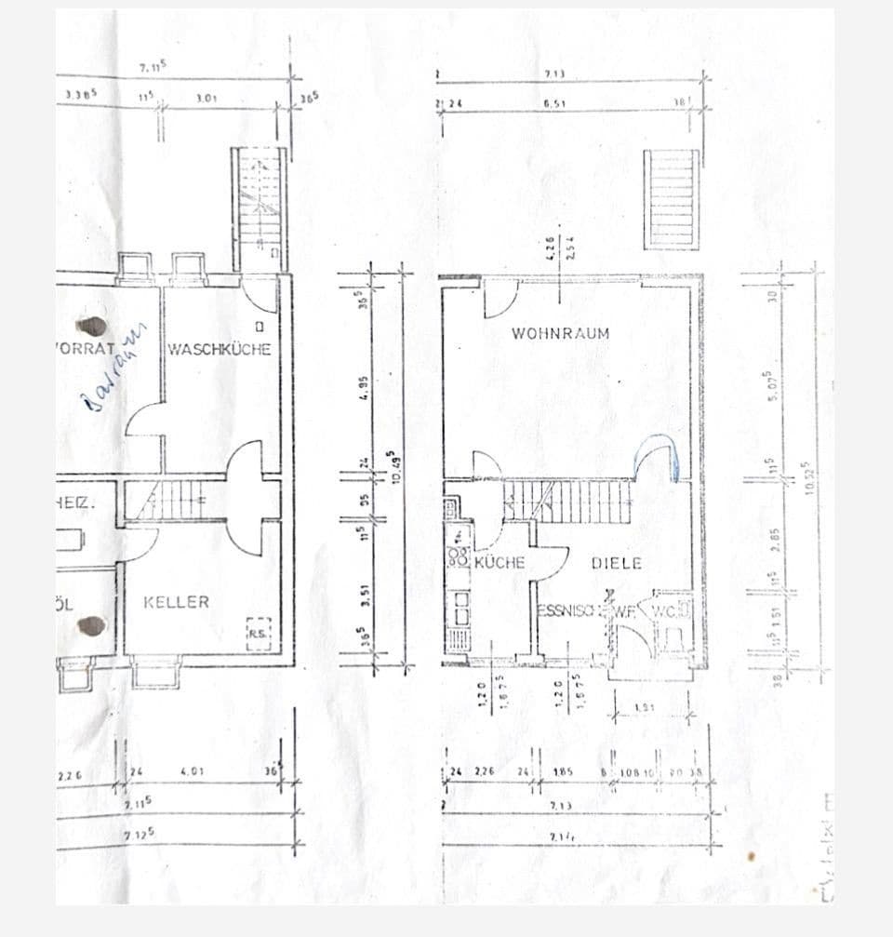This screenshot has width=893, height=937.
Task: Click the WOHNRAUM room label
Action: point(560,333)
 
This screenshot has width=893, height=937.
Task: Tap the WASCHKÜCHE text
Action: point(220,349)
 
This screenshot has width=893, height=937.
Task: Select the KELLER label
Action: point(176,602)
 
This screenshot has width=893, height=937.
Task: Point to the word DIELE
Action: point(616,563)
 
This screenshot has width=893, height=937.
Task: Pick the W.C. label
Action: point(668,611)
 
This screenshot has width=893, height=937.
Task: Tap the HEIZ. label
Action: point(74,503)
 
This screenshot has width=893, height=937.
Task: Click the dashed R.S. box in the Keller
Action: point(258,632)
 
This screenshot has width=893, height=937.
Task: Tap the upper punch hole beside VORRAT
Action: point(93,326)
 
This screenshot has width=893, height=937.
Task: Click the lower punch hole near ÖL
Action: point(91,624)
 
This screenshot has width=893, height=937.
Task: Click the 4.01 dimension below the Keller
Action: point(192,770)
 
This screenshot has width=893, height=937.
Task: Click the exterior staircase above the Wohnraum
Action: point(671,199)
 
